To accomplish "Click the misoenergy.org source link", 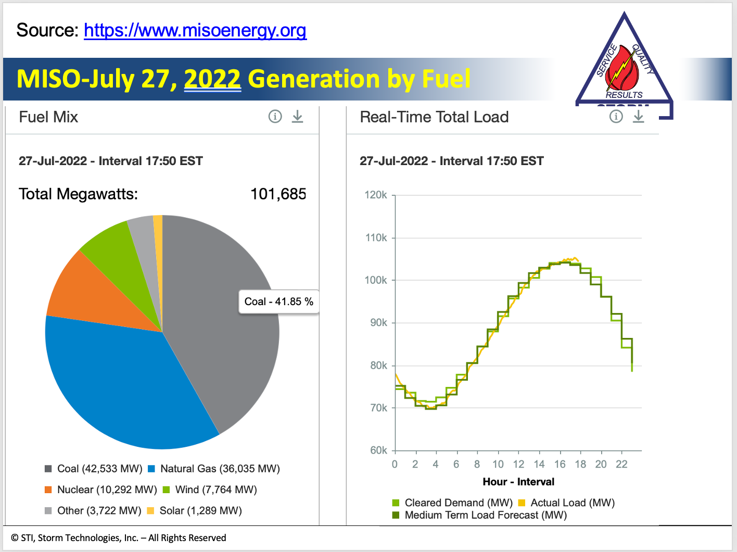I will coord(195,31).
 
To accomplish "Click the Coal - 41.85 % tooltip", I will coord(278,302).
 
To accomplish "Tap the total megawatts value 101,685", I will coord(278,194).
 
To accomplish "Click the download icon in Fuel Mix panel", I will coord(297,117).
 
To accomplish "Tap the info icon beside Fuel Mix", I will coord(275,117).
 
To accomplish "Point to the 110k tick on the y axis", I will coord(376,238).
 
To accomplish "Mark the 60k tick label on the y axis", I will coord(378,450).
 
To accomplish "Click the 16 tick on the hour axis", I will coord(560,464).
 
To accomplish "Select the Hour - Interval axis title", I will coord(518,482).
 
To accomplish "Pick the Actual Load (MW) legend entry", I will coord(572,503).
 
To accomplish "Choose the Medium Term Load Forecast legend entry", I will coord(485,515).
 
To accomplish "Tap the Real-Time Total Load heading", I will coord(434,117).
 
